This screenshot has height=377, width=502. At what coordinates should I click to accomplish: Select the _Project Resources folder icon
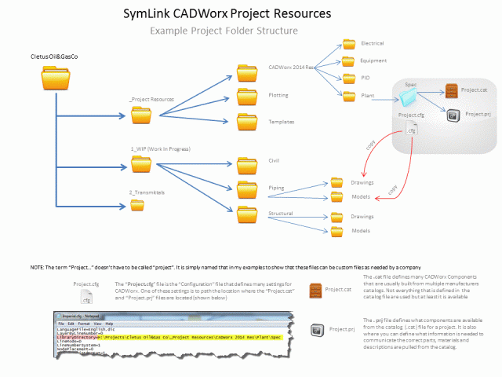(141, 116)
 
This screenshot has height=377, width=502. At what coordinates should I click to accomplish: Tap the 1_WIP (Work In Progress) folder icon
(141, 164)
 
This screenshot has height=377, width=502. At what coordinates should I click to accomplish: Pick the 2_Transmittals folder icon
(136, 205)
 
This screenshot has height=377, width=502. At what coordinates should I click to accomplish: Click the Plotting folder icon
(248, 97)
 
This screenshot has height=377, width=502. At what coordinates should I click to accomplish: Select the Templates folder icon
(248, 122)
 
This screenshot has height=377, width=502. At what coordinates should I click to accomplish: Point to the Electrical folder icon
(349, 44)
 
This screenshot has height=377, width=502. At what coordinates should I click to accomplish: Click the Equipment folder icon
(349, 60)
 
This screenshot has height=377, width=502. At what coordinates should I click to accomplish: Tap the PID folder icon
(349, 78)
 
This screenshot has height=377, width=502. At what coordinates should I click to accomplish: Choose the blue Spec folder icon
(407, 97)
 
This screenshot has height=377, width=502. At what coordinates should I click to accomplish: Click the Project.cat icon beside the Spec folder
(451, 91)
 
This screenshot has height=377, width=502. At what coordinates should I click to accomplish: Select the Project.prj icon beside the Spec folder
(452, 115)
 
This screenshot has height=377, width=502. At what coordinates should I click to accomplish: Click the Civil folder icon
(248, 164)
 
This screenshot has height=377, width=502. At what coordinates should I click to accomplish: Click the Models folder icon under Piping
(337, 196)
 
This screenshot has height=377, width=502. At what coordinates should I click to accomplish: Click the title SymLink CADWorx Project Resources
(227, 14)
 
